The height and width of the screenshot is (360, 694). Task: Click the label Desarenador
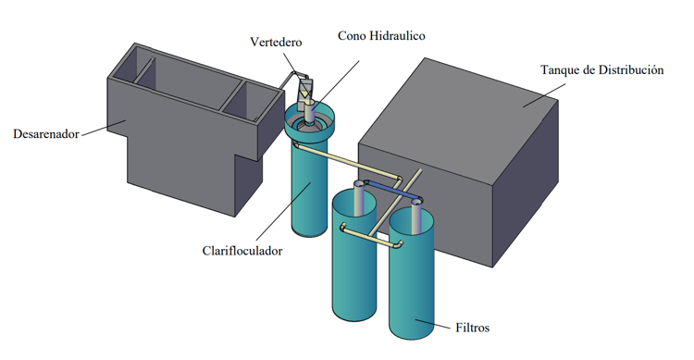click(46, 133)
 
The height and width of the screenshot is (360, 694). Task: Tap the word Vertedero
click(276, 42)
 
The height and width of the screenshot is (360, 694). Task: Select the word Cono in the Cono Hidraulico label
click(352, 35)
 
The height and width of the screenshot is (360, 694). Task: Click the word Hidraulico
click(398, 35)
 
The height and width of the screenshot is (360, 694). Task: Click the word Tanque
click(560, 70)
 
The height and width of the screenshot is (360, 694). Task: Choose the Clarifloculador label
click(242, 251)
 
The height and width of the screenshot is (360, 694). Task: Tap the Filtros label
click(472, 328)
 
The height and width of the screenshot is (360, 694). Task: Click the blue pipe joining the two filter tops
click(390, 189)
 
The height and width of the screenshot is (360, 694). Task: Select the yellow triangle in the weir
click(304, 94)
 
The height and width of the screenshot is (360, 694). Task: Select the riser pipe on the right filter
click(416, 217)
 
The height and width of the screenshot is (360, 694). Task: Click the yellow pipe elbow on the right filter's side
click(400, 244)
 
